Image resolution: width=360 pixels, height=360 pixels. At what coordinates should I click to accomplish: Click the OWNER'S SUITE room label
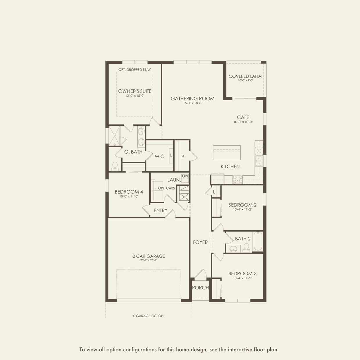135,91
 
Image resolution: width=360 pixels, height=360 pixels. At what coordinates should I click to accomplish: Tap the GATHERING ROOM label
192,99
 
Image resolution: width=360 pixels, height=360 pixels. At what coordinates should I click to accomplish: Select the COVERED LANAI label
245,76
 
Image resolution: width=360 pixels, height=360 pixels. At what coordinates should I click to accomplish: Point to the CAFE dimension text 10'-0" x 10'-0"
243,122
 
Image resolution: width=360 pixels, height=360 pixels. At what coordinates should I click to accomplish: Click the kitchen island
227,153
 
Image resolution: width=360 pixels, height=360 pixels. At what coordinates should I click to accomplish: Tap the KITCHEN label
230,166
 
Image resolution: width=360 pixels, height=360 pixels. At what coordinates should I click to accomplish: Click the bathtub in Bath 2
258,241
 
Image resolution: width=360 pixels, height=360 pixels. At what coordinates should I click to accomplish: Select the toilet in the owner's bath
115,166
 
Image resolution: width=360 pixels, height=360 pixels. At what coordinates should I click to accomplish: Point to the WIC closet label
159,156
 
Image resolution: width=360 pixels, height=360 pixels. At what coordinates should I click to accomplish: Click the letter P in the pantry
183,157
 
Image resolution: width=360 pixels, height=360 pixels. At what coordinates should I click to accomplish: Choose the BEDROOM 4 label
129,192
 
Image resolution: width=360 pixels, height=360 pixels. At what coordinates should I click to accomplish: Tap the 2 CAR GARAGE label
149,256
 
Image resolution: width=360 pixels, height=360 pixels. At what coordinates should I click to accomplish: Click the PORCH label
200,288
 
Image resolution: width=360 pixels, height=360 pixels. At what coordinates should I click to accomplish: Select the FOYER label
200,242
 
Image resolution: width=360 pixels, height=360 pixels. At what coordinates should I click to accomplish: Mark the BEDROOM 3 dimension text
242,278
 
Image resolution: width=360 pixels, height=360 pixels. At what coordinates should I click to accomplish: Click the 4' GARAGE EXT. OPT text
148,316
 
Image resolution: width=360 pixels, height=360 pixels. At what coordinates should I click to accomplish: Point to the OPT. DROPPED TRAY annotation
134,70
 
